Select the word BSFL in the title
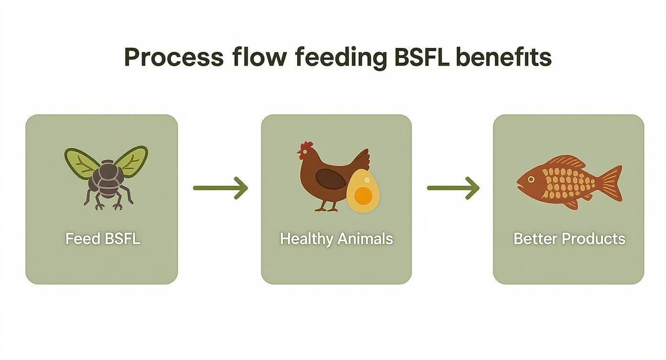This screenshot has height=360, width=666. click(x=422, y=57)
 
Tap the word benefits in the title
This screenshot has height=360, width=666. click(x=504, y=57)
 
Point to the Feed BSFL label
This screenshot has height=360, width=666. click(x=102, y=238)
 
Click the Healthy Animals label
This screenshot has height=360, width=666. click(x=336, y=238)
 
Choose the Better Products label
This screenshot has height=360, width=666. click(x=569, y=238)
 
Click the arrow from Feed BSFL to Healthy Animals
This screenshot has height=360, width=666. click(x=220, y=188)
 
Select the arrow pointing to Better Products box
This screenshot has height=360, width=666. click(x=453, y=188)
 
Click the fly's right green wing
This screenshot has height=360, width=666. click(x=132, y=160)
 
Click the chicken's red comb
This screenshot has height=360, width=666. click(x=307, y=145)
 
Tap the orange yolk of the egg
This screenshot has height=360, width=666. click(x=364, y=195)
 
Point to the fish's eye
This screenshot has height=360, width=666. click(x=531, y=179)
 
